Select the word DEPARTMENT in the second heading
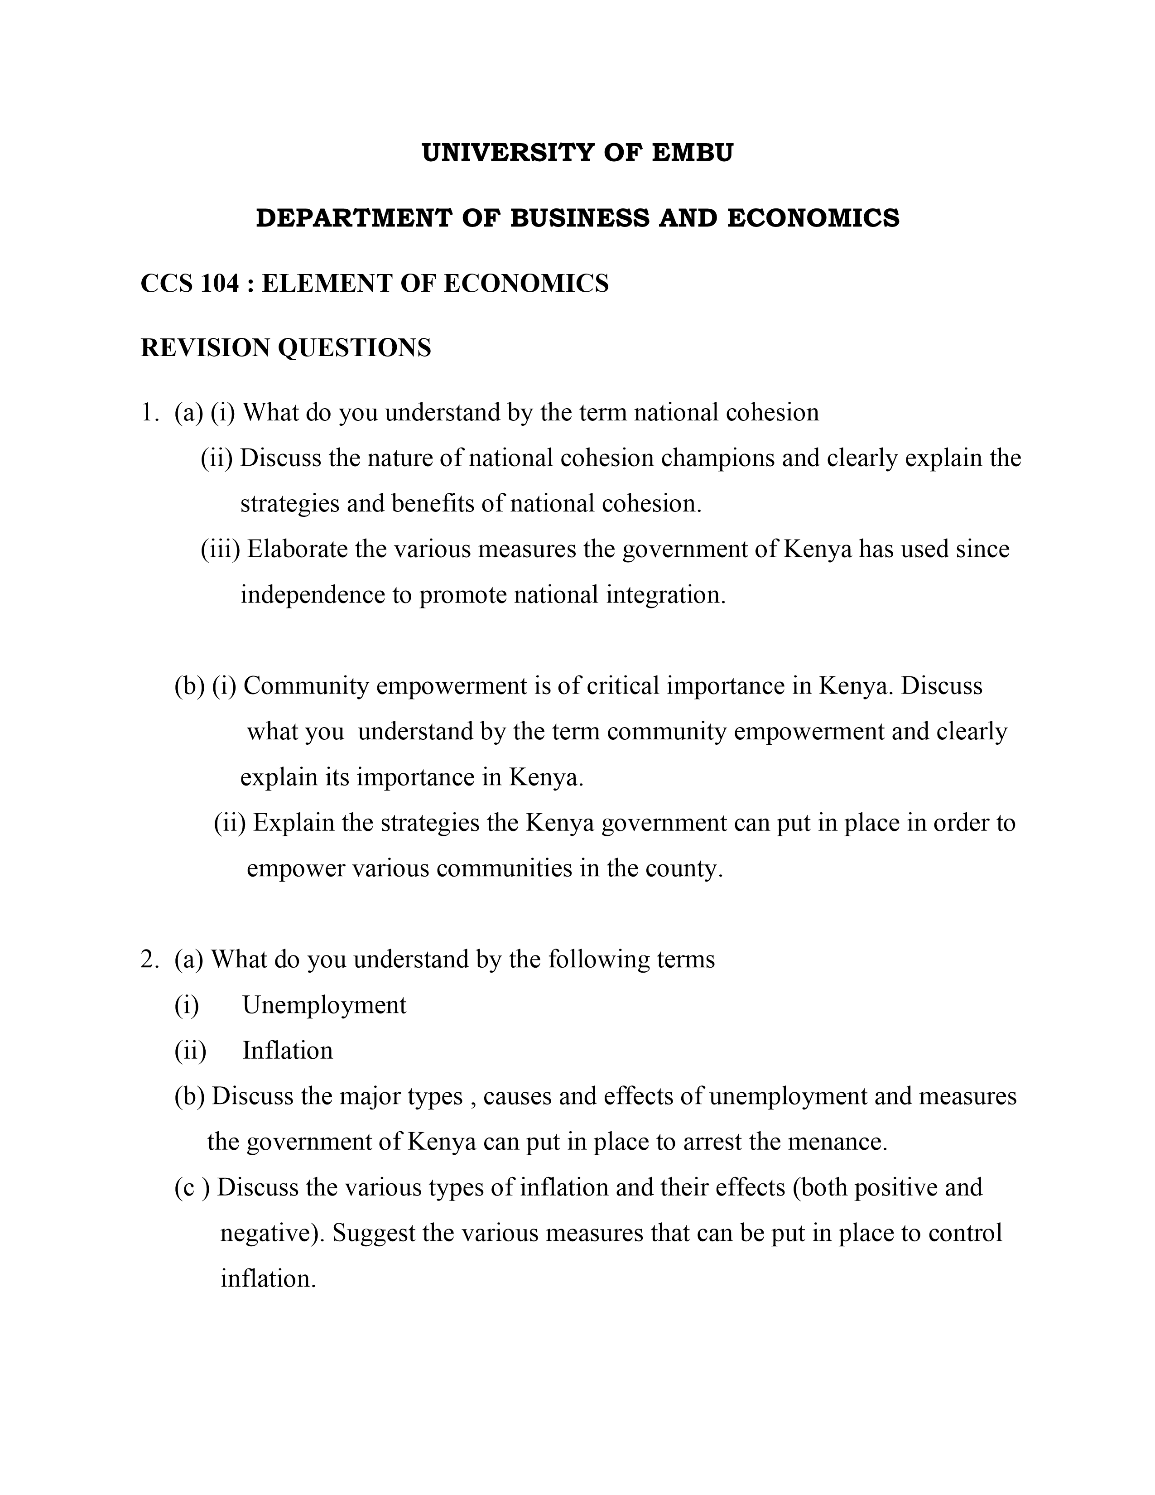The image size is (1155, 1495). (353, 218)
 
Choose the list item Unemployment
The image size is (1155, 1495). (324, 1005)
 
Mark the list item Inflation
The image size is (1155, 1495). (287, 1051)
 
